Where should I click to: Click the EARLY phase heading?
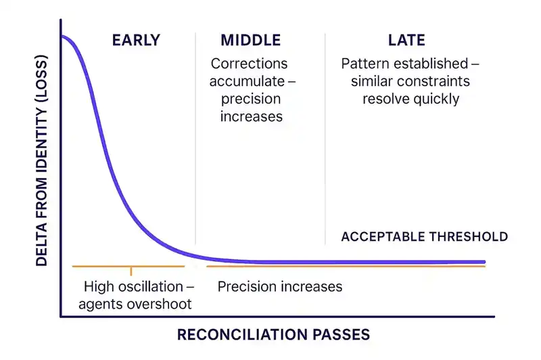click(x=136, y=41)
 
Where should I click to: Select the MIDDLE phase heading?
click(x=250, y=41)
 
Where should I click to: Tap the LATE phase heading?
click(x=406, y=41)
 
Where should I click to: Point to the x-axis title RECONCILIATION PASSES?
click(x=273, y=334)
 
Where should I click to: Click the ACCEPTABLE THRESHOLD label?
click(x=424, y=237)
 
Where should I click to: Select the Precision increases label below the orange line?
click(x=279, y=286)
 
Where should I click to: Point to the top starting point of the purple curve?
click(x=62, y=36)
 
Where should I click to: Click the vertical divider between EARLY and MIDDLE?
click(x=195, y=135)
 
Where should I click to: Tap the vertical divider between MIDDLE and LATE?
click(x=325, y=135)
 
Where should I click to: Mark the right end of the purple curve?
click(x=484, y=262)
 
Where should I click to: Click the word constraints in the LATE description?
click(x=437, y=81)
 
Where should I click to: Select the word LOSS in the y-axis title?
click(x=42, y=95)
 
